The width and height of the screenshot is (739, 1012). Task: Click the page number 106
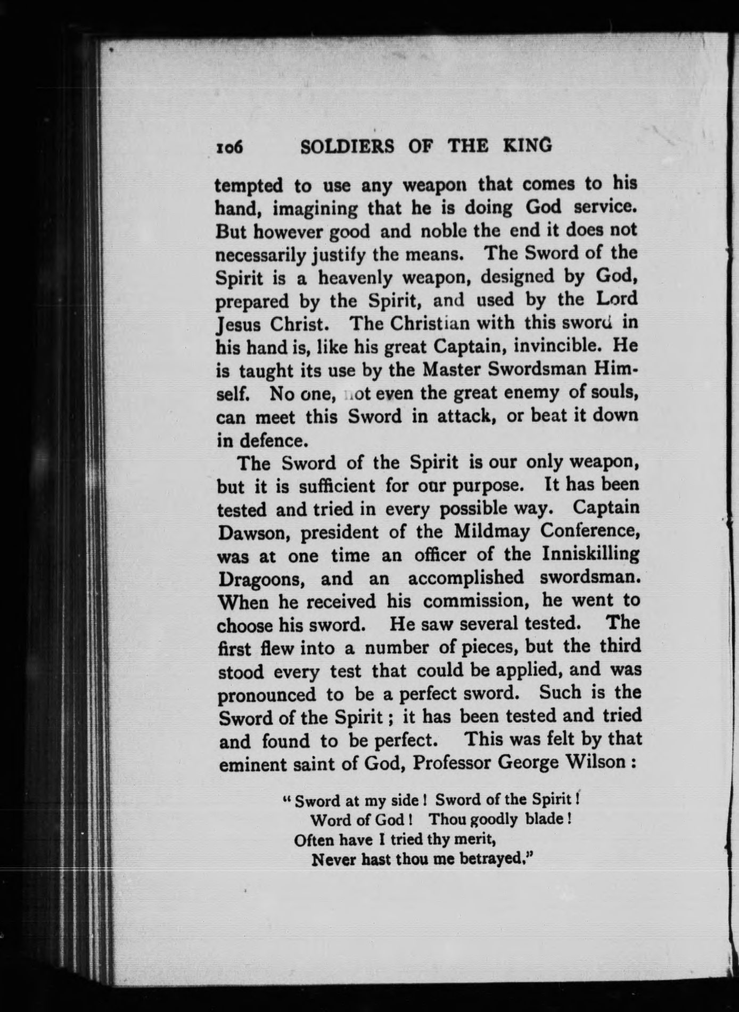pyautogui.click(x=229, y=147)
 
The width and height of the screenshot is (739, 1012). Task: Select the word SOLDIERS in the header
pyautogui.click(x=348, y=146)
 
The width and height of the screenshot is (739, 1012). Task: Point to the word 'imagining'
pyautogui.click(x=316, y=209)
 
